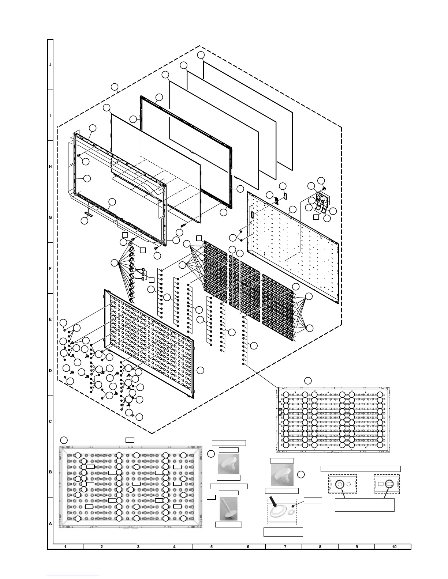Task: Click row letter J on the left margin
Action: pos(51,64)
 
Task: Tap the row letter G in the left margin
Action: pos(51,217)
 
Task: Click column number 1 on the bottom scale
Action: pos(65,547)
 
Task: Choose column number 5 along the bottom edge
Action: pos(212,547)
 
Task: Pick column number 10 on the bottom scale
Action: pos(394,547)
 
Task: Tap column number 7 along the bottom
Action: pos(284,547)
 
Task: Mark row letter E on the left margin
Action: pos(51,319)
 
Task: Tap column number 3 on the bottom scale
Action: pos(138,547)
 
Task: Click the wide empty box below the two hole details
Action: pos(365,505)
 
